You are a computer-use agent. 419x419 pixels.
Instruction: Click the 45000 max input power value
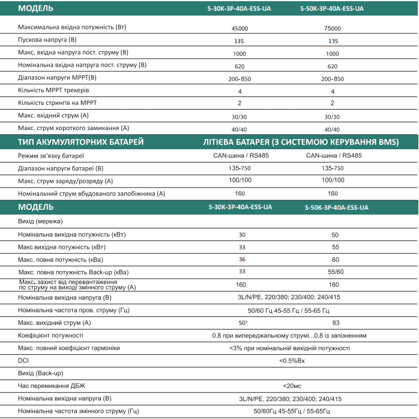coord(240,28)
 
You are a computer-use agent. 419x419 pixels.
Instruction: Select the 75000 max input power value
coord(332,28)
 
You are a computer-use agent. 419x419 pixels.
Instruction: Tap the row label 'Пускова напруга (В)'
coord(47,40)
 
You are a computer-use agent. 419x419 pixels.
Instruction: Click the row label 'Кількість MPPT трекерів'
coord(54,91)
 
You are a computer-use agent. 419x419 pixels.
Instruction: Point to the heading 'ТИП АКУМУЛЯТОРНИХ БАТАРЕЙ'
coord(80,141)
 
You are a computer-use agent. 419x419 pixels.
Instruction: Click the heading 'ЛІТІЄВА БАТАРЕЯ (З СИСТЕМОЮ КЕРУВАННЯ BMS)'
coord(301,141)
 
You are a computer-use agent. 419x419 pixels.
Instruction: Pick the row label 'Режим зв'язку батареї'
coord(51,155)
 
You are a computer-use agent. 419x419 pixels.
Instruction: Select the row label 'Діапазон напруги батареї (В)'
coord(61,168)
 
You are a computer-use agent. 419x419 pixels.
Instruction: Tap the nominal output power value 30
coord(242,235)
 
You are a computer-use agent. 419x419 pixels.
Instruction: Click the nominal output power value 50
coord(335,235)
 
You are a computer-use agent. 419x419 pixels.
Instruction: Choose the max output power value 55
coord(335,247)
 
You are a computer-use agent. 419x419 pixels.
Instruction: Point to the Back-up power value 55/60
coord(335,272)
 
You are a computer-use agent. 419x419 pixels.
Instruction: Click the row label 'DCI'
coord(23,360)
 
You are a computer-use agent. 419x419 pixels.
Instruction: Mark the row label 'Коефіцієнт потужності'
coord(51,336)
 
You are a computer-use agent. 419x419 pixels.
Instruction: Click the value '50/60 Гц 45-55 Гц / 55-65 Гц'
coord(289,311)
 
